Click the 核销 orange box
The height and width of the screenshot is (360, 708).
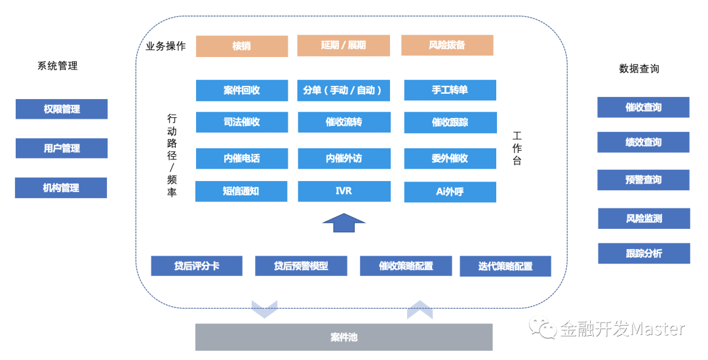tap(242, 47)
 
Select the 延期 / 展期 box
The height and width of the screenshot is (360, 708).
tap(344, 45)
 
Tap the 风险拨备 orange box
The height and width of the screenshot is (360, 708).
tap(447, 45)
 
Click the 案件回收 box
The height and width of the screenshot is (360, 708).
tap(242, 90)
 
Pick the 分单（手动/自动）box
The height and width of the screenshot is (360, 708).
tap(344, 90)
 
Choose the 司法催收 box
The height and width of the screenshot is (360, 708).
tap(242, 122)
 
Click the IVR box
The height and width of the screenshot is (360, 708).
tap(344, 191)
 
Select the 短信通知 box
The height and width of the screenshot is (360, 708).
tap(242, 191)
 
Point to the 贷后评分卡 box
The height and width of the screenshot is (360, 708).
tap(197, 266)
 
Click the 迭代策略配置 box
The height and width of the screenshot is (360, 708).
tap(505, 266)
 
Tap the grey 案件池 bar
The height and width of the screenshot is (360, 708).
tap(344, 338)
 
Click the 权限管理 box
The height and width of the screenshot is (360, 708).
tap(62, 109)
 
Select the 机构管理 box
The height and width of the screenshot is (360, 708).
tap(61, 188)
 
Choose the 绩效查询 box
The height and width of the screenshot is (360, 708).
tap(643, 142)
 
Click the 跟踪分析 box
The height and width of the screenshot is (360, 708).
tap(644, 253)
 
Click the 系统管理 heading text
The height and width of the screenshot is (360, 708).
tap(58, 66)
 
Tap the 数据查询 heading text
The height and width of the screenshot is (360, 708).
tap(639, 68)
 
